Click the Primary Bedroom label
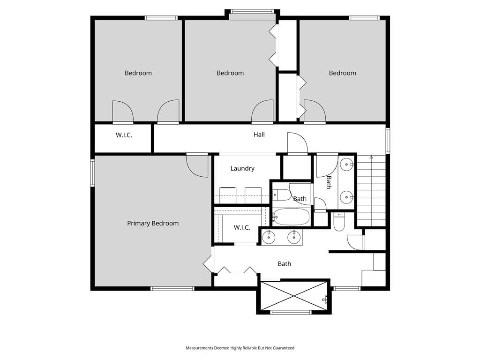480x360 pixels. click(x=153, y=224)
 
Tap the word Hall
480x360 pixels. click(x=259, y=135)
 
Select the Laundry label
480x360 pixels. click(x=242, y=168)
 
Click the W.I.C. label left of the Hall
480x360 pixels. click(x=124, y=135)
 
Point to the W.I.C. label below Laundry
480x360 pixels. click(x=242, y=227)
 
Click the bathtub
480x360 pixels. click(x=291, y=217)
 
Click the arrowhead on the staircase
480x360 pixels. click(x=371, y=157)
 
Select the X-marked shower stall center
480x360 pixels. click(x=293, y=296)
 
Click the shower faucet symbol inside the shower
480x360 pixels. click(x=326, y=299)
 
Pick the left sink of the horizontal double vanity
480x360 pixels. click(x=269, y=237)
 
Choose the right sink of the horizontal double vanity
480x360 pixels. click(x=294, y=237)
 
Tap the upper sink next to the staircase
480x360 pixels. click(x=347, y=165)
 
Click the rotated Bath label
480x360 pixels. click(x=329, y=182)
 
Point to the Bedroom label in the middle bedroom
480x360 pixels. click(x=230, y=73)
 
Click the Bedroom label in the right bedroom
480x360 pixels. click(x=342, y=73)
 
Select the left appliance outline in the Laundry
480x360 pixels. click(x=228, y=195)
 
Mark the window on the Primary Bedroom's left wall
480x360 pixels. click(x=92, y=172)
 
